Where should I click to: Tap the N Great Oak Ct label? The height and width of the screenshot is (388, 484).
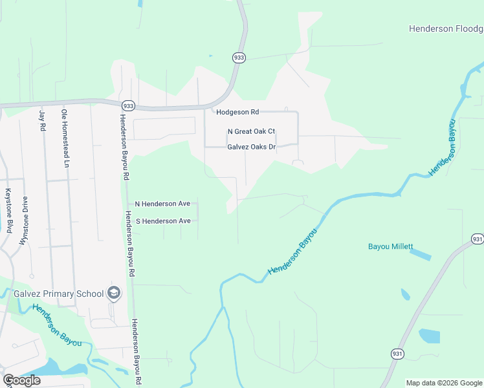(x=251, y=131)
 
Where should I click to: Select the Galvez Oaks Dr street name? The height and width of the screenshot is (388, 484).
(x=251, y=147)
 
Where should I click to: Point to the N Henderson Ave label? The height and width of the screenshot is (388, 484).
(x=162, y=204)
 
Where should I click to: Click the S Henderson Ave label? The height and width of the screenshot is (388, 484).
(x=162, y=221)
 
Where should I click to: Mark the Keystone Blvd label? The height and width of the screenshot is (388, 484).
(x=9, y=210)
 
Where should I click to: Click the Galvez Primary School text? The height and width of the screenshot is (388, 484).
(x=59, y=294)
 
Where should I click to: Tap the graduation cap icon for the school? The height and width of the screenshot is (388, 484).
(x=115, y=293)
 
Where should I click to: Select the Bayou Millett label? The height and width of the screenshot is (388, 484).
(x=390, y=246)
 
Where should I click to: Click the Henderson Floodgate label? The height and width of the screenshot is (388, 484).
(x=446, y=28)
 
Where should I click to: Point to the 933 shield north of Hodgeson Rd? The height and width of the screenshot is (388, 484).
(x=239, y=58)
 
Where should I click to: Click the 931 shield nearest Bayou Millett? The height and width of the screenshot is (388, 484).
(x=478, y=239)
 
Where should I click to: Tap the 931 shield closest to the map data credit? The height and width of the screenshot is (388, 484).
(x=398, y=354)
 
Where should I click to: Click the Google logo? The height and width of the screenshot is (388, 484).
(x=21, y=380)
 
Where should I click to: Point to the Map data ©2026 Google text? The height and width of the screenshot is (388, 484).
(x=444, y=383)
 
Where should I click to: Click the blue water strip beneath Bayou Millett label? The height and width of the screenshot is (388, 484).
(x=419, y=255)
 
